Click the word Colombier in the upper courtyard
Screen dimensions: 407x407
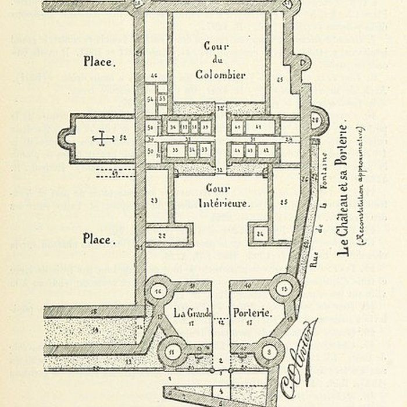click(x=220, y=74)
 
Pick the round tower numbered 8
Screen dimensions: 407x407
click(x=269, y=351)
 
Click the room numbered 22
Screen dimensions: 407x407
click(x=162, y=235)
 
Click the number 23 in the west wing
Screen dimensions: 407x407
click(x=154, y=201)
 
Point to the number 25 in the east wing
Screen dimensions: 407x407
click(x=284, y=202)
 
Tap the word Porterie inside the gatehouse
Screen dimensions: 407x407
click(x=253, y=312)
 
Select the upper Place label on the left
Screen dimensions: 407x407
click(x=99, y=60)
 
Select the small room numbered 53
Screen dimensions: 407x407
click(x=163, y=99)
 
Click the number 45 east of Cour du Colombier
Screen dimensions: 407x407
click(x=279, y=79)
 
